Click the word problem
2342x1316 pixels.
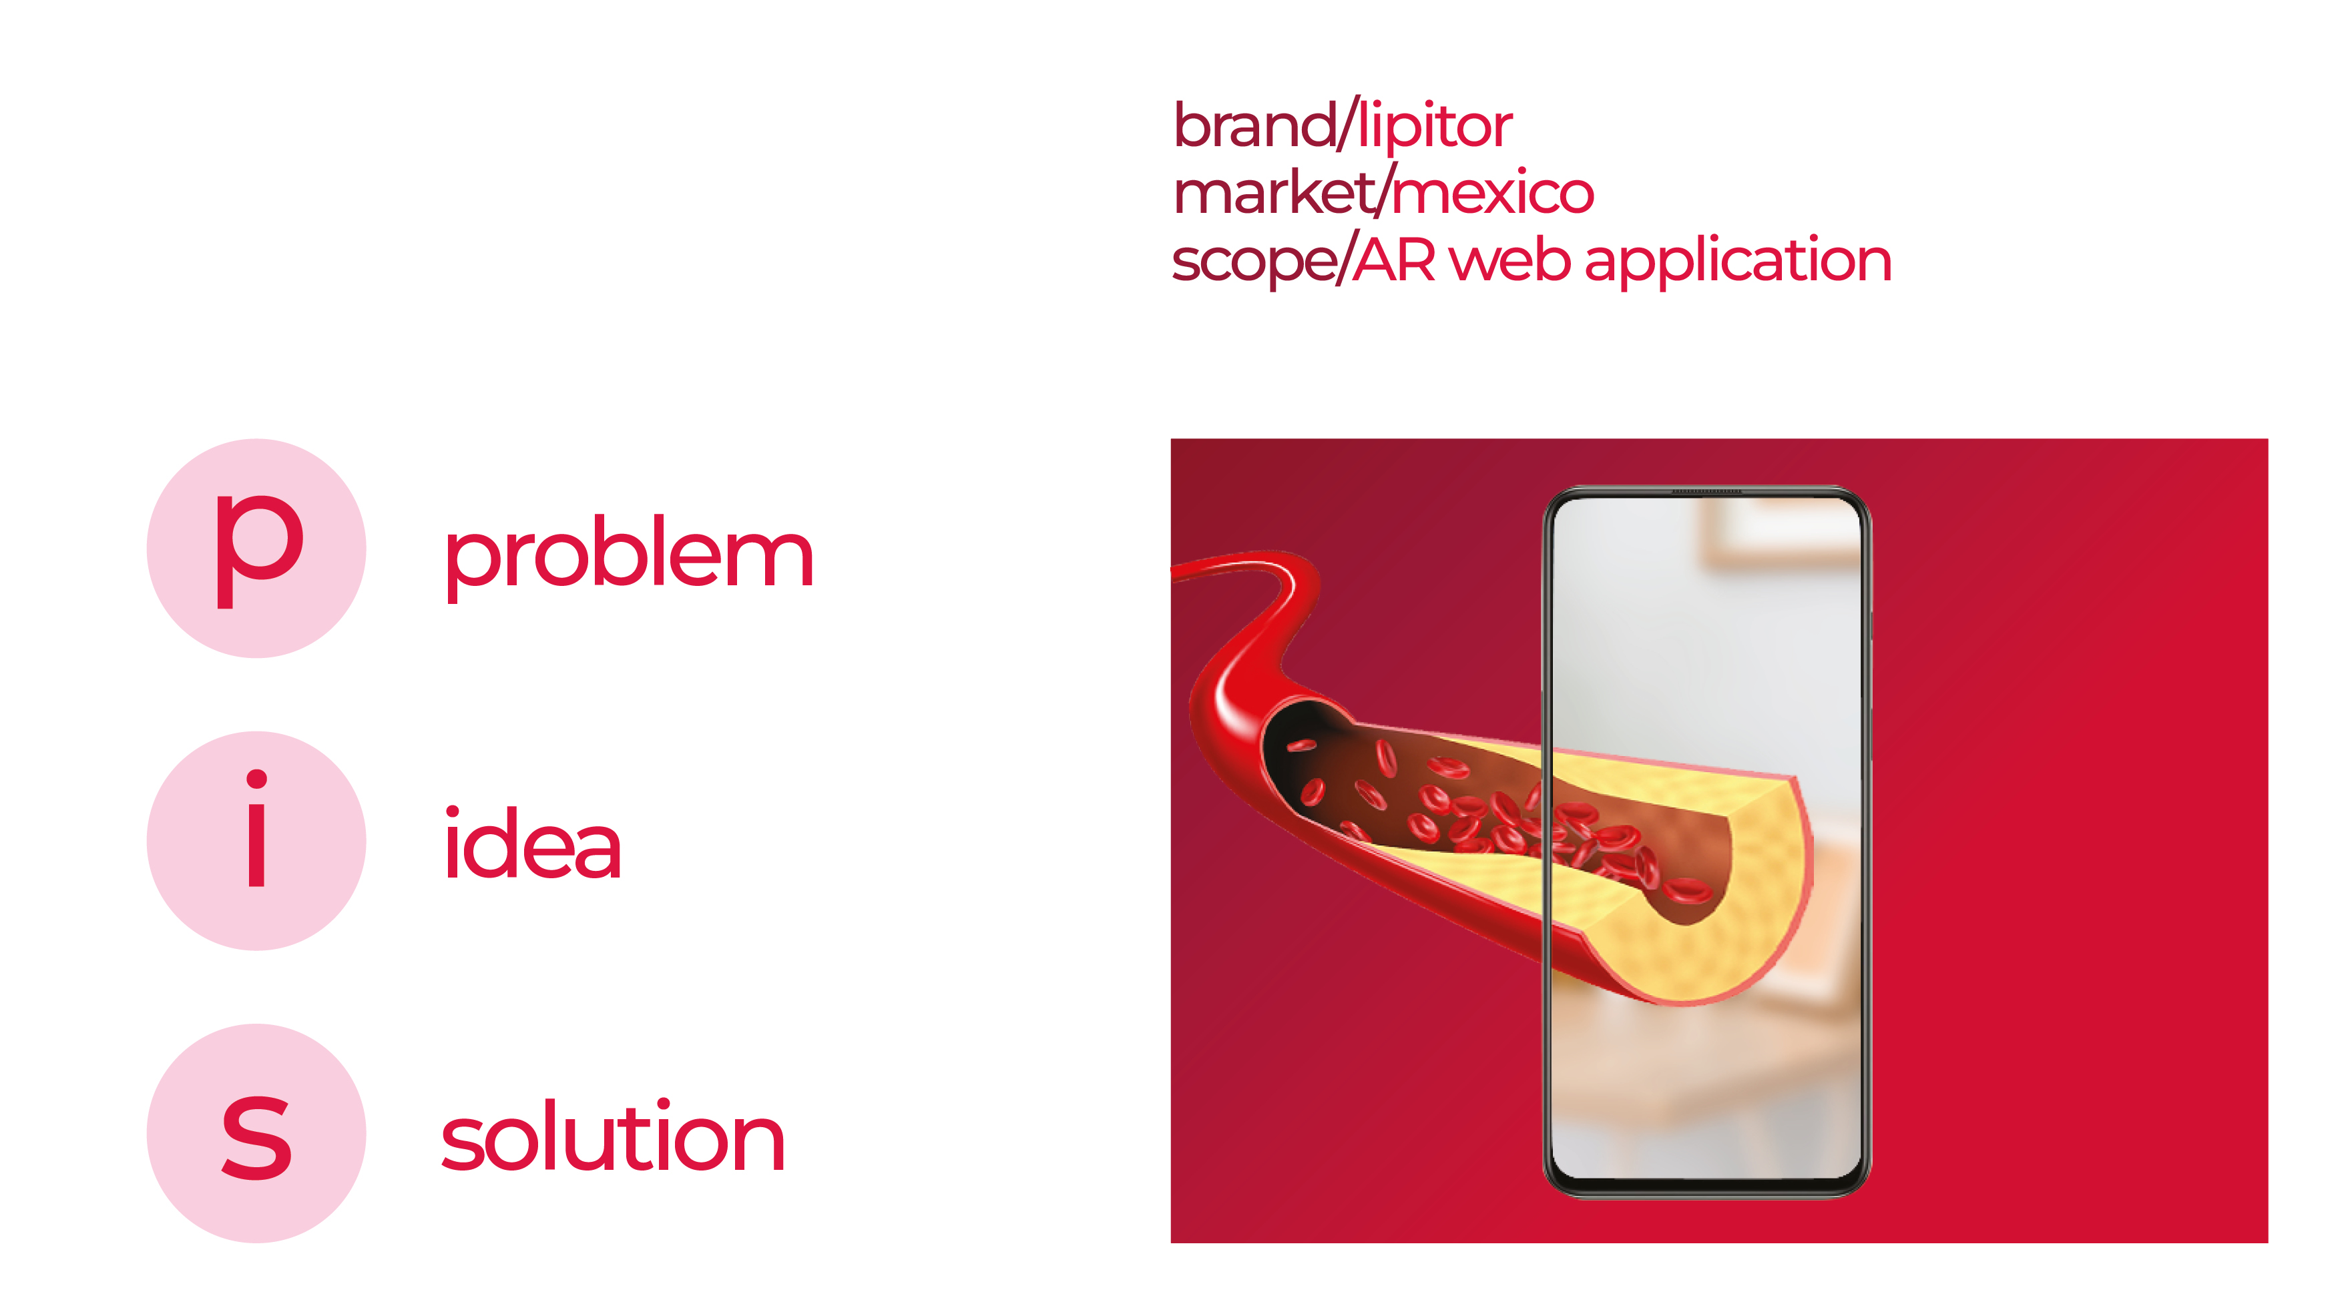(x=628, y=555)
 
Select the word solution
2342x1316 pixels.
(x=613, y=1137)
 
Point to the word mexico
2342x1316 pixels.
(x=1493, y=193)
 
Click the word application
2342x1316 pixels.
(x=1737, y=262)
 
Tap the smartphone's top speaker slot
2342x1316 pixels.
(x=1706, y=492)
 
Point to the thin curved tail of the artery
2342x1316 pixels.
(x=1236, y=567)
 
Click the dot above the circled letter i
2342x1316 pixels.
(x=257, y=779)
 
